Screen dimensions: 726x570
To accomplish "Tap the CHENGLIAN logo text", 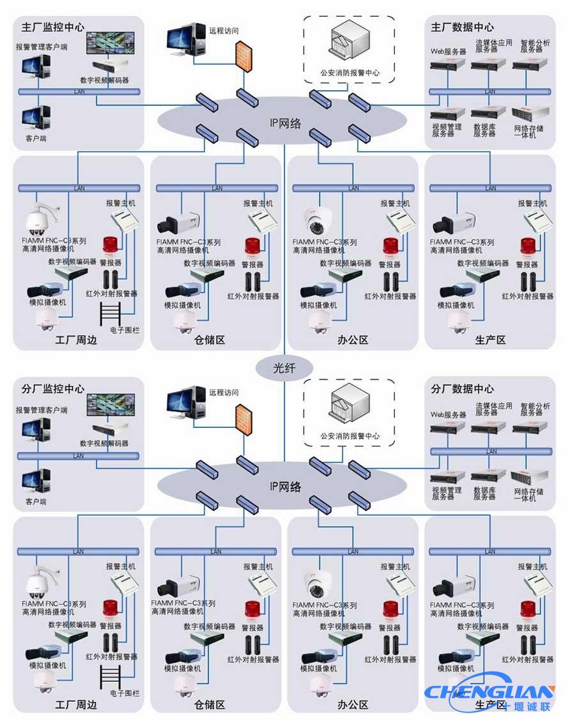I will (490, 692).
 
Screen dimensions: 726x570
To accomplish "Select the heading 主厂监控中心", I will (53, 27).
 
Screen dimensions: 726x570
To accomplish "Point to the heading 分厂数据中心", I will (462, 388).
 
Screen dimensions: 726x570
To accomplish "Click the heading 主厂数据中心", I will (462, 27).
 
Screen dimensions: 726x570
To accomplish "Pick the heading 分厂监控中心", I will (53, 388).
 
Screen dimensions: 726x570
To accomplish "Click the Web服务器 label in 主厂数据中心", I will (448, 51).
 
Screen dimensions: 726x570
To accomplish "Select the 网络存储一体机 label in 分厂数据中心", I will (529, 495).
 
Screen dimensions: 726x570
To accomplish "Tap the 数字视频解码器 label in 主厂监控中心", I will (104, 80).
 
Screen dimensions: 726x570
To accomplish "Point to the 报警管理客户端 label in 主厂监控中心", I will (42, 47).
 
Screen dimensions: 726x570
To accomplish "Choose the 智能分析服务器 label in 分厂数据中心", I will (535, 409).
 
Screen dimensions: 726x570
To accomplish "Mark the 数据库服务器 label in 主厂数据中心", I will (484, 131).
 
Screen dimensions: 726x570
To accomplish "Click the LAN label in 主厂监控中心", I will (79, 92).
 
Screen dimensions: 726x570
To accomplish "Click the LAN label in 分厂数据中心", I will (491, 451).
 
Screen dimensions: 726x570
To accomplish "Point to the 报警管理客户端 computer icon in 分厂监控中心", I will (36, 432).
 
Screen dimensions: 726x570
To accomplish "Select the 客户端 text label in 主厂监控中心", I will (36, 138).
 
